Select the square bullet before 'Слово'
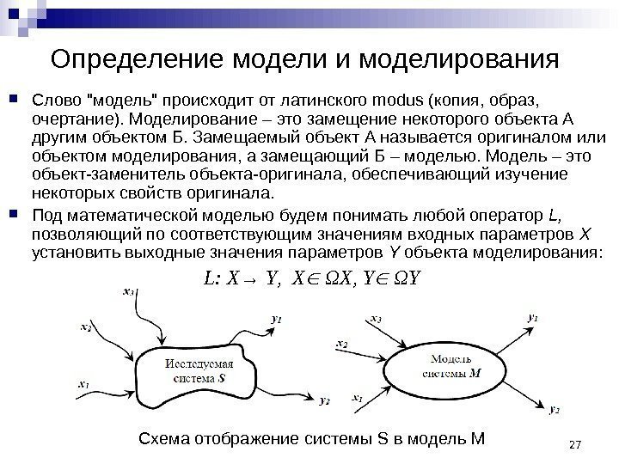(x=18, y=91)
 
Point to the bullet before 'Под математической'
(x=18, y=214)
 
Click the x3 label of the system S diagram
(x=129, y=292)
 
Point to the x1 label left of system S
(x=83, y=384)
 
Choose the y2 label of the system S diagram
(x=323, y=400)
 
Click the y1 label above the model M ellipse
(x=532, y=317)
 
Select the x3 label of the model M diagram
(x=375, y=318)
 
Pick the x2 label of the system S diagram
(x=86, y=327)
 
